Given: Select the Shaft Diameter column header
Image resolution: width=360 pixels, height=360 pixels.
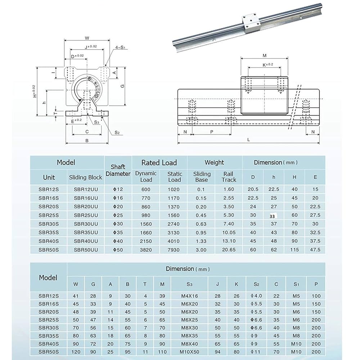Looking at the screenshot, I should [x=118, y=170].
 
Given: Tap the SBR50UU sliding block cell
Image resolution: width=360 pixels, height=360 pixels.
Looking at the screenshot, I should [x=86, y=249].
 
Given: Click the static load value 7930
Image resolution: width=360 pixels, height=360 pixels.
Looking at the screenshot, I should [x=175, y=249].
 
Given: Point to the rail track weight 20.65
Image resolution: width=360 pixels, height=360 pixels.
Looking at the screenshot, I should [x=229, y=249].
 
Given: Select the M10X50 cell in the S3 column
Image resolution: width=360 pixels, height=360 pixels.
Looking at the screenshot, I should [x=189, y=351].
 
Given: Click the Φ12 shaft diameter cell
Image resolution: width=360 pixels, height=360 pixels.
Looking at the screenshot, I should [x=118, y=189].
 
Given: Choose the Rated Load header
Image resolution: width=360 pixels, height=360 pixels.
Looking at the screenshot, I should [x=159, y=163].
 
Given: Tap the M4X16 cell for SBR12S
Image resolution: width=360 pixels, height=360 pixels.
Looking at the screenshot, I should [x=189, y=296].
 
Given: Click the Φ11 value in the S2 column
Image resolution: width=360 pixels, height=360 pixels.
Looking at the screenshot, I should [x=256, y=351].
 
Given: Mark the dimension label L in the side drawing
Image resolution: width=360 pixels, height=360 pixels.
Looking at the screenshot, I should [x=249, y=139].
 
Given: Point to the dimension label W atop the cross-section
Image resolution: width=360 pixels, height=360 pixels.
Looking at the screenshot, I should [x=87, y=37].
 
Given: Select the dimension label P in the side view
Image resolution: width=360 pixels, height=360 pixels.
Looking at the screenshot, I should [x=211, y=132].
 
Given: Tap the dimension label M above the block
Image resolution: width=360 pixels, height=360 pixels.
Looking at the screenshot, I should [x=264, y=55].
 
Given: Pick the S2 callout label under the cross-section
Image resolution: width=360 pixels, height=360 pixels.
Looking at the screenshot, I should [x=117, y=132].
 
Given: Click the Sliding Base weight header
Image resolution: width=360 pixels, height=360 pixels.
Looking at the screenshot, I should [x=202, y=176].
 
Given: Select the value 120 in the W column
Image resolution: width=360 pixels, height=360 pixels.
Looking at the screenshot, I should [x=76, y=351].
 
